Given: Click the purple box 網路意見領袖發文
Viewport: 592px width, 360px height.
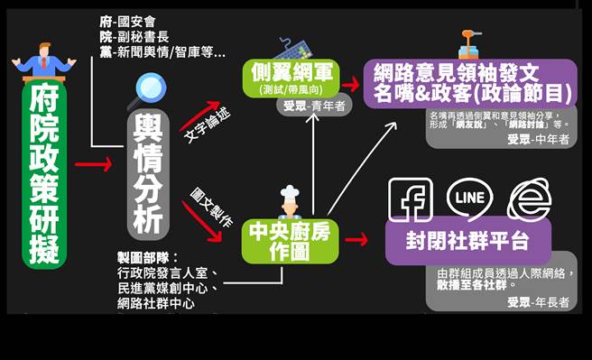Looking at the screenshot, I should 469,80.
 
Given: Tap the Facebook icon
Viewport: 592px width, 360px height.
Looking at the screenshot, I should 411,198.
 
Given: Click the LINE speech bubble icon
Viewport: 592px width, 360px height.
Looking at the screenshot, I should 469,198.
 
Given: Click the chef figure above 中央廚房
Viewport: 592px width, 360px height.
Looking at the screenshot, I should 289,204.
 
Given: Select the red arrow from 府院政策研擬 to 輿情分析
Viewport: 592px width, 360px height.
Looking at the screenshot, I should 92,165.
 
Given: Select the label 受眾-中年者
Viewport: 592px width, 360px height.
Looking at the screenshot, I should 539,139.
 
